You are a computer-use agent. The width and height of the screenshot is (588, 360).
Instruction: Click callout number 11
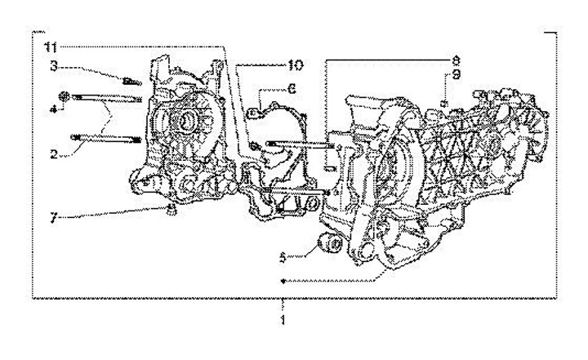pos(51,47)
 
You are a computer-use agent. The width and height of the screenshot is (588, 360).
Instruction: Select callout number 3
pos(54,66)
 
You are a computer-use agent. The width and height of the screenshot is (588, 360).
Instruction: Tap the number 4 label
pos(54,109)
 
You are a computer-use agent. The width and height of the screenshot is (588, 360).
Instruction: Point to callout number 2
pos(54,153)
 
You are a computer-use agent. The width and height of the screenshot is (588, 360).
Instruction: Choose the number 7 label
pos(54,218)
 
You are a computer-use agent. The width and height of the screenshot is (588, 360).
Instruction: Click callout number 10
pos(296,65)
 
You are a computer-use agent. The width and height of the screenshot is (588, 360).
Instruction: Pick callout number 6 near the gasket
pos(292,89)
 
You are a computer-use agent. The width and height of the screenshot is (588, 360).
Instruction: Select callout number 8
pos(456,60)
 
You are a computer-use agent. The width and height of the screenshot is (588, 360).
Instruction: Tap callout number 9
pos(456,75)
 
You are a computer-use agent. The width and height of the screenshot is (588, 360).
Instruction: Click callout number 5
pos(283,257)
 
